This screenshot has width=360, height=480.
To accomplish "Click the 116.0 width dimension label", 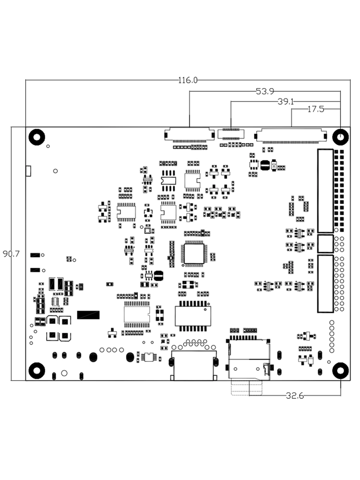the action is [188, 80].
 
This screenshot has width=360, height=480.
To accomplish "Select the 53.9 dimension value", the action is [265, 91].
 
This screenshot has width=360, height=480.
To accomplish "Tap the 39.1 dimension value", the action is [286, 102].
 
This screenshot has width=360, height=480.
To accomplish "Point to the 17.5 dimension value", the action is [316, 109].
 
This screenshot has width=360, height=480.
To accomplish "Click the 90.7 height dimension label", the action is [11, 254].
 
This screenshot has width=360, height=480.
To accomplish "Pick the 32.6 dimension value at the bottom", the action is [295, 396].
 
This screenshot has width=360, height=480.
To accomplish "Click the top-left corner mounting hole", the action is [37, 137].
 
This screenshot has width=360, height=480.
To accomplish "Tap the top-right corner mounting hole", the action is [340, 137].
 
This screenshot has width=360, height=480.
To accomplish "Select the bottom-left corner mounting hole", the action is [37, 371].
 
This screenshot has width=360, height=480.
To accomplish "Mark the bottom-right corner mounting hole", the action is [340, 371].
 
